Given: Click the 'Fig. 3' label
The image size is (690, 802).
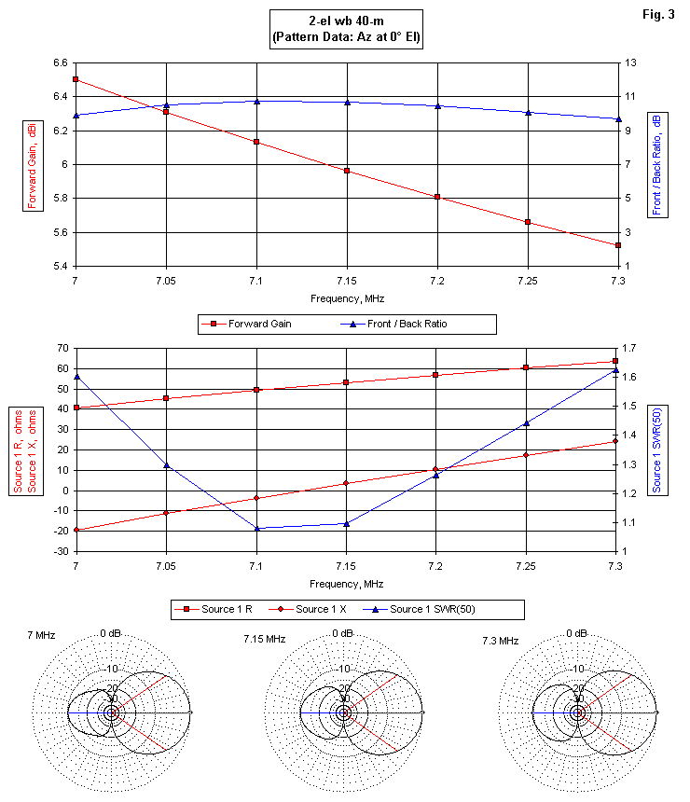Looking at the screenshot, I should (x=661, y=15).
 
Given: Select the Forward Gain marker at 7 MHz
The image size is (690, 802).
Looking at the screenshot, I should (x=76, y=79).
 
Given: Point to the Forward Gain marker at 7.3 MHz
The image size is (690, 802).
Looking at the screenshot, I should (x=617, y=245).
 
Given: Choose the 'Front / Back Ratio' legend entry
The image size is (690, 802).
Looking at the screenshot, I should (x=421, y=324).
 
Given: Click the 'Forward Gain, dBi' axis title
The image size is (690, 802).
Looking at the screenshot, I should (x=32, y=164).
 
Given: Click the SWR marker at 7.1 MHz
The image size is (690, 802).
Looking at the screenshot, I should (x=256, y=529).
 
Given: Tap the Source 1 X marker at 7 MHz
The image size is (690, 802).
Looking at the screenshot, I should (x=76, y=530).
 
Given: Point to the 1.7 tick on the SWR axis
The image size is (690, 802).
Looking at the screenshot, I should (x=633, y=348).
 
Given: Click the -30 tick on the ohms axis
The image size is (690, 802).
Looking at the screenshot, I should (x=58, y=551).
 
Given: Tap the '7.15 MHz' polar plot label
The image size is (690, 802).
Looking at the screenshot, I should (x=264, y=639).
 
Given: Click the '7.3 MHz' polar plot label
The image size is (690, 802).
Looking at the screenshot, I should (x=503, y=639).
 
